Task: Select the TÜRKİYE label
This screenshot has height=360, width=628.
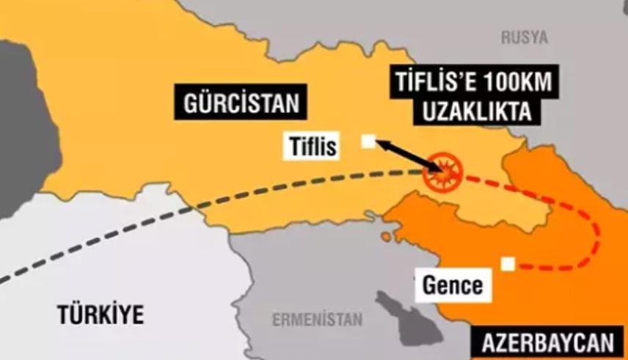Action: (101, 315)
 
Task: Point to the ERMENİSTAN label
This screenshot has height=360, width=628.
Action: (317, 320)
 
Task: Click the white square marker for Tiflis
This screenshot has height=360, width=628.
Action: (368, 142)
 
